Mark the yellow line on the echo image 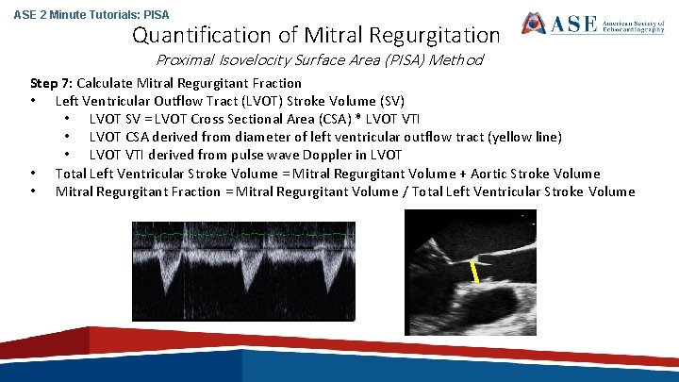click(475, 273)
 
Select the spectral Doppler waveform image click(242, 274)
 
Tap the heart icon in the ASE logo click(534, 23)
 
